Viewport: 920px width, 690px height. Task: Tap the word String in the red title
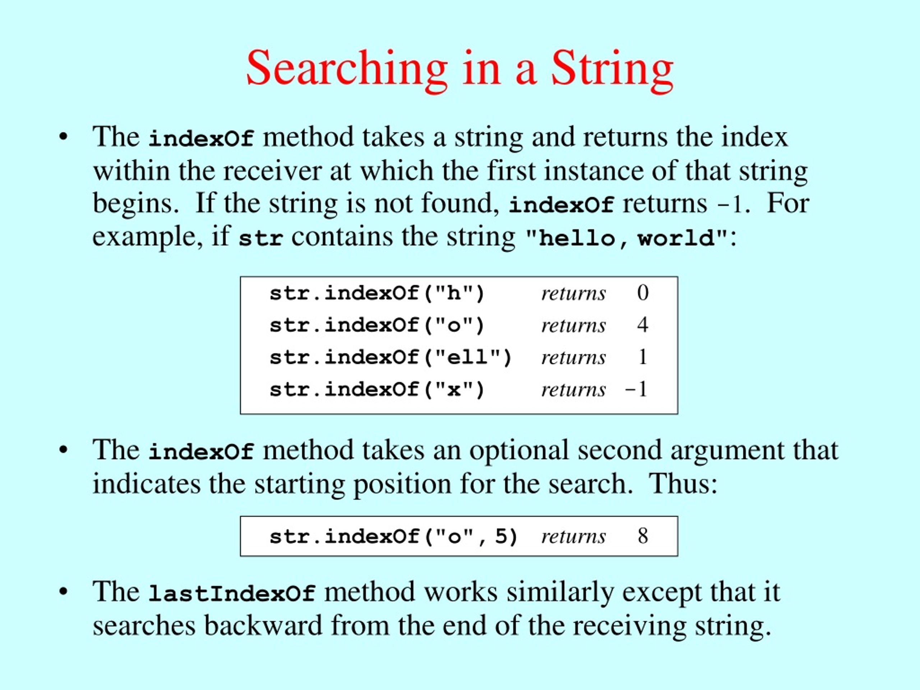612,69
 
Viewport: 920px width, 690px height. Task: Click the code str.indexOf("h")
377,294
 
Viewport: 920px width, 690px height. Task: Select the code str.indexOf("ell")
391,358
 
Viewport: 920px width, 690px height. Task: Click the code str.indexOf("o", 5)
394,537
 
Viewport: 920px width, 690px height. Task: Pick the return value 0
643,293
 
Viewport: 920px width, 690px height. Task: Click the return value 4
643,325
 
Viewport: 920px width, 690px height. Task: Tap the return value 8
643,536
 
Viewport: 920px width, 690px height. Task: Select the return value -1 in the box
636,390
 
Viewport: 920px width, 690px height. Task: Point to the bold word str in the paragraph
261,239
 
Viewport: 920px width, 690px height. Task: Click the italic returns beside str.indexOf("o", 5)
574,537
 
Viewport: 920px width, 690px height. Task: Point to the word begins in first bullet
133,204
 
